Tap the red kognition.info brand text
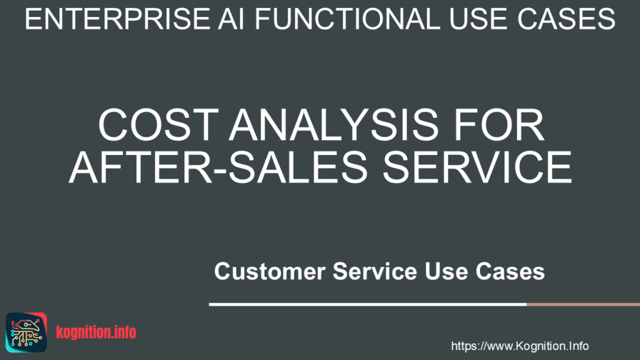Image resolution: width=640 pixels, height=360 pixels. coord(96,332)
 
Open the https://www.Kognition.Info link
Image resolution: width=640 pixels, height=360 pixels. coord(519,346)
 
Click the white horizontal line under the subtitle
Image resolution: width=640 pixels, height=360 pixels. coord(367,304)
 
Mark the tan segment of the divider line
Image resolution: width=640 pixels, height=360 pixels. coord(582,304)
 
